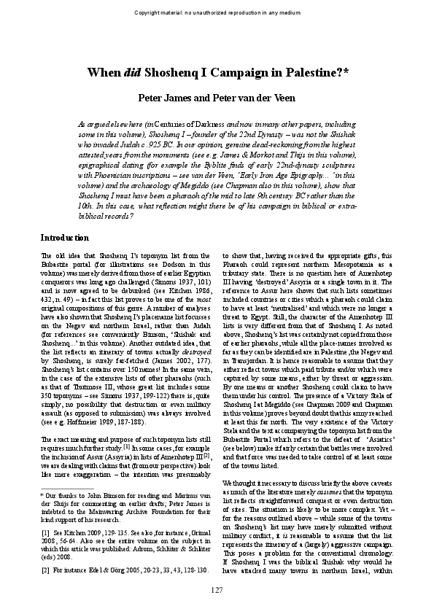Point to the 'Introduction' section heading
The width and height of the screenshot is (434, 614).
64,238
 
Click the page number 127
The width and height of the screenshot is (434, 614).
217,589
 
